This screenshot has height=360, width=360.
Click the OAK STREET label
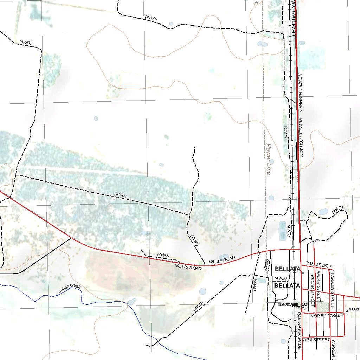pyautogui.click(x=319, y=264)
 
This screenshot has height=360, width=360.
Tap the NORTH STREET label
pyautogui.click(x=327, y=316)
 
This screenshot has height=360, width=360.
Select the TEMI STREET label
pyautogui.click(x=316, y=340)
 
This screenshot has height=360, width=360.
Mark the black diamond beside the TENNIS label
pyautogui.click(x=347, y=311)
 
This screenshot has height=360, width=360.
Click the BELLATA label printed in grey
pyautogui.click(x=287, y=269)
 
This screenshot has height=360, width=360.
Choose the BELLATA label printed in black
pyautogui.click(x=287, y=285)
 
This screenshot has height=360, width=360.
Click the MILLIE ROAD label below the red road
pyautogui.click(x=188, y=268)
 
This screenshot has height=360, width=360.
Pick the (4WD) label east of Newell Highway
pyautogui.click(x=337, y=209)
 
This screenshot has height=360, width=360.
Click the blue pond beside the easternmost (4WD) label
pyautogui.click(x=323, y=212)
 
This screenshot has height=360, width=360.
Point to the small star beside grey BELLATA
pyautogui.click(x=303, y=272)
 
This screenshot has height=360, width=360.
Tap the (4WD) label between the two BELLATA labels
pyautogui.click(x=281, y=278)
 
